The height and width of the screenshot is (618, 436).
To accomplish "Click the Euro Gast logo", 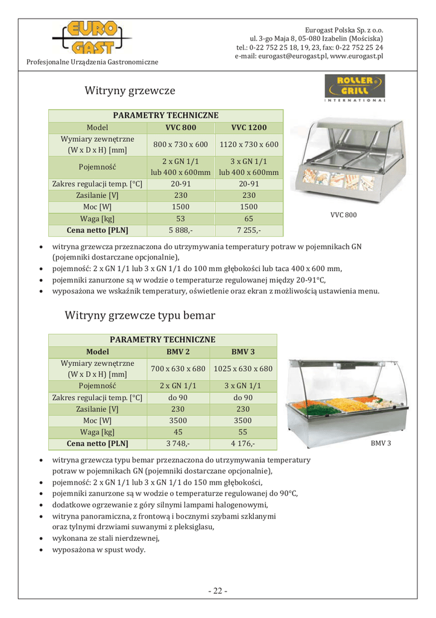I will pos(89,37).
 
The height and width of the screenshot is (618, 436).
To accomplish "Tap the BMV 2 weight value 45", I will pos(178,432).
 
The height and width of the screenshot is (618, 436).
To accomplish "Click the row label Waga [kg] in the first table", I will pos(98,218).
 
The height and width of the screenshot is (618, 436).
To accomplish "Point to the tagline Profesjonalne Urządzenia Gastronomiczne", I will pos(92,62).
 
